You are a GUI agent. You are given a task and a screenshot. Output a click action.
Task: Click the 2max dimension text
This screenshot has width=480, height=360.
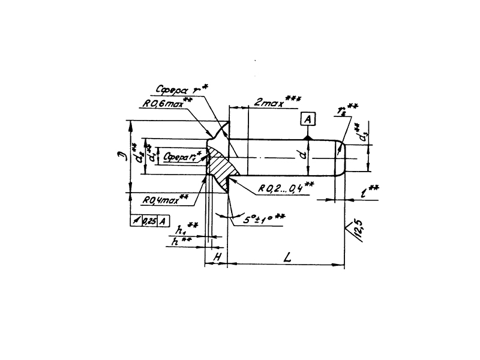268,103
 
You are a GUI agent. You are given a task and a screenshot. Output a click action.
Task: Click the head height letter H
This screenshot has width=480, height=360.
218,257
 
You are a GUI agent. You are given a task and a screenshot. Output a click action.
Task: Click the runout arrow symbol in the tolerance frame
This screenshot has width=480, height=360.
136,220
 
